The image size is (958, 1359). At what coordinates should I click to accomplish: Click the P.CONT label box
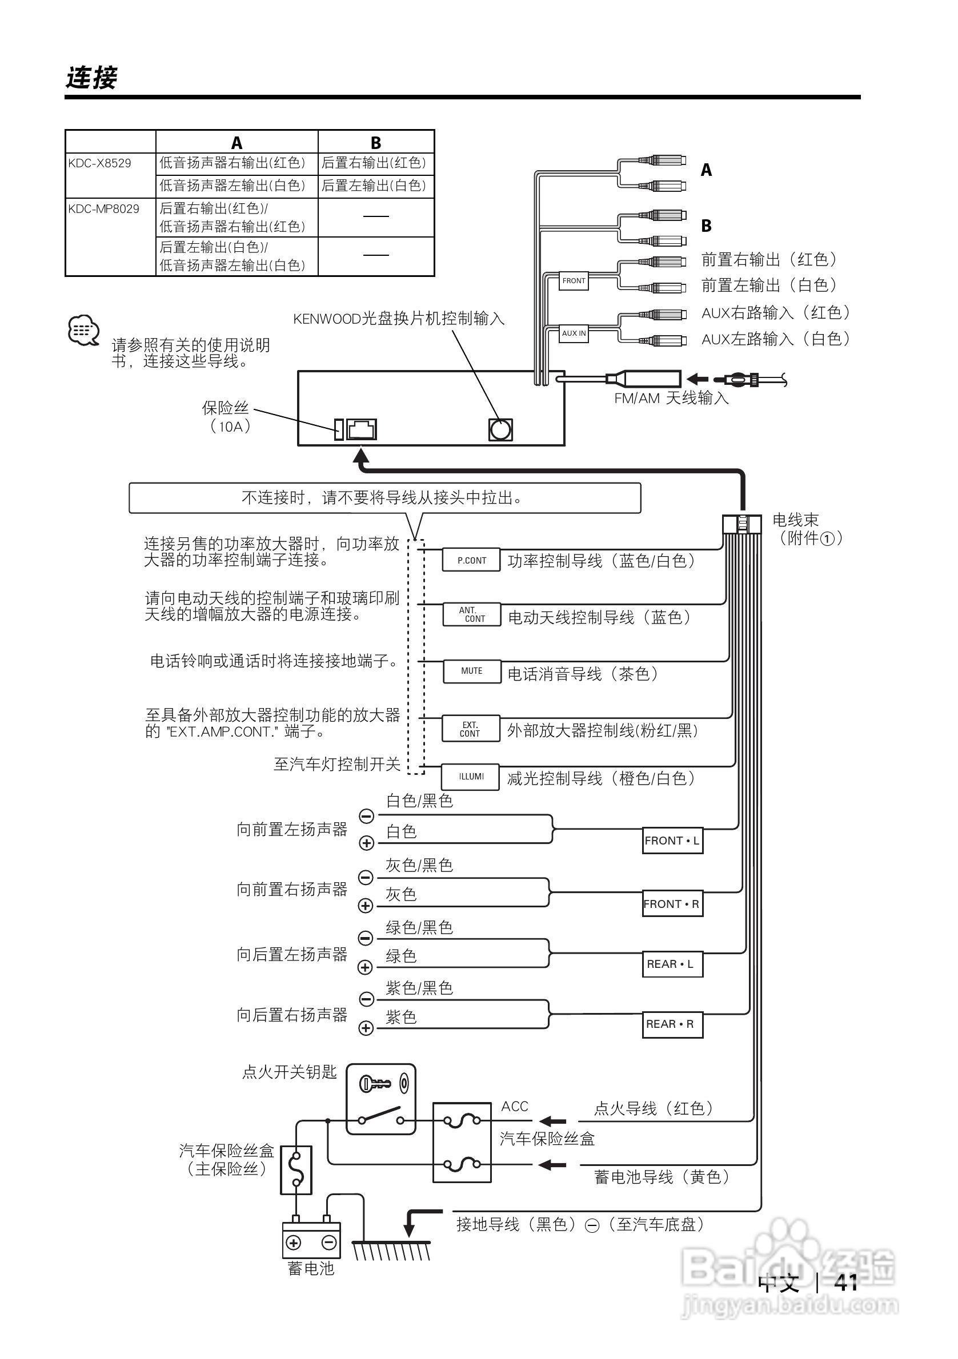point(471,560)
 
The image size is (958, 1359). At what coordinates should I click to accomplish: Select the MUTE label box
point(471,670)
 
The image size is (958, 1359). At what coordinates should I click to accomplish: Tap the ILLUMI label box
point(471,776)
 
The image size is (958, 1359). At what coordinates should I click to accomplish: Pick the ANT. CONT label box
point(472,614)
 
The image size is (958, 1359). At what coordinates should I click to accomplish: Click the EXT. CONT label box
point(470,729)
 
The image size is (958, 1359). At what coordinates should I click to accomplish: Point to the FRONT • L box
point(672,841)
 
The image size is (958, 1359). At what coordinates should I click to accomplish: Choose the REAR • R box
point(672,1024)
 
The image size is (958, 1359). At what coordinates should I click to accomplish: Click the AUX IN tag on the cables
point(574,334)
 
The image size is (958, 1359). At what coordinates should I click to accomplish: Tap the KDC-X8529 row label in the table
point(99,163)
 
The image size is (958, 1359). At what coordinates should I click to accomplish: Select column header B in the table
point(375,143)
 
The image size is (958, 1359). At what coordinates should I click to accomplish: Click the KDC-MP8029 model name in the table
point(103,209)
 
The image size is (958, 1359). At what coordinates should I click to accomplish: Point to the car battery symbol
point(311,1242)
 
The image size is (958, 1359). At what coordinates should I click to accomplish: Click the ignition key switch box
point(380,1100)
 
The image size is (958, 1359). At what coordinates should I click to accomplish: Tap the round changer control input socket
point(500,430)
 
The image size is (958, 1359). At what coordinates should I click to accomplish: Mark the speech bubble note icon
point(83,330)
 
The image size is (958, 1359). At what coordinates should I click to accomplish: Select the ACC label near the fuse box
point(515,1107)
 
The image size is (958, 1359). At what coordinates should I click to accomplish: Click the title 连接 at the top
point(92,78)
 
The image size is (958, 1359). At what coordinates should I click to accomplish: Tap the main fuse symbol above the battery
point(295,1169)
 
